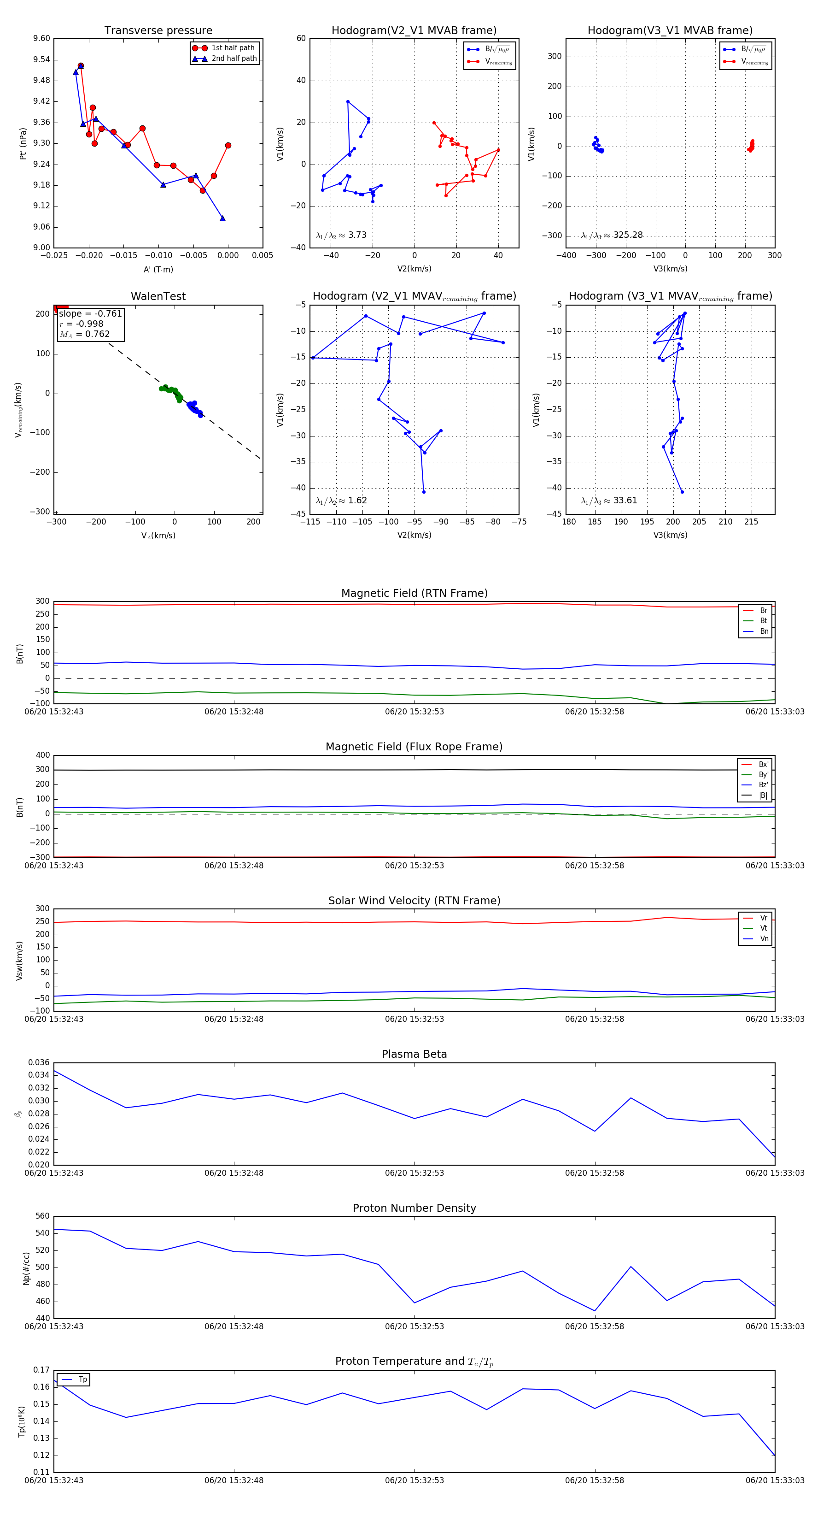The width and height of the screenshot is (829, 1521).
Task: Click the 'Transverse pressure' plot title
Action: coord(158,31)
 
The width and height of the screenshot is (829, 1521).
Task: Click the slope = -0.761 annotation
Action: coord(90,313)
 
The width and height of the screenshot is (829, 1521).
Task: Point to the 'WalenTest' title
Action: coord(158,296)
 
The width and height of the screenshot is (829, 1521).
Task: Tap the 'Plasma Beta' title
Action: coord(414,1054)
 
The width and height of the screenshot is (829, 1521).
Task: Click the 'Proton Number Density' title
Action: coord(414,1208)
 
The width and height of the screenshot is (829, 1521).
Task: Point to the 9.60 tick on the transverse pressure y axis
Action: coord(41,38)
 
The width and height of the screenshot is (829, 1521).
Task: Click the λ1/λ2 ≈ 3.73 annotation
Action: coord(341,235)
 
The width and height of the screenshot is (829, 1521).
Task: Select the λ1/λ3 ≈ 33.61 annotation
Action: coord(609,501)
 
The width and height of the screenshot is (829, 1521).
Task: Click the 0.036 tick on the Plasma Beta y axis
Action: coord(39,1063)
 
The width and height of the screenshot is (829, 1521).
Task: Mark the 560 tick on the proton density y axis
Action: coord(42,1216)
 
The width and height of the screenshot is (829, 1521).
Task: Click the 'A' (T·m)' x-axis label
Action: coord(158,269)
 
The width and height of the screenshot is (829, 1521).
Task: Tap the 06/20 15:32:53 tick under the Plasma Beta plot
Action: coord(414,1173)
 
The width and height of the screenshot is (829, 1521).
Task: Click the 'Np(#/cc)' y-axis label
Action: coord(26,1267)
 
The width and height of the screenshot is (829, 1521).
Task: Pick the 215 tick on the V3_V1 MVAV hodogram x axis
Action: coord(751,522)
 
